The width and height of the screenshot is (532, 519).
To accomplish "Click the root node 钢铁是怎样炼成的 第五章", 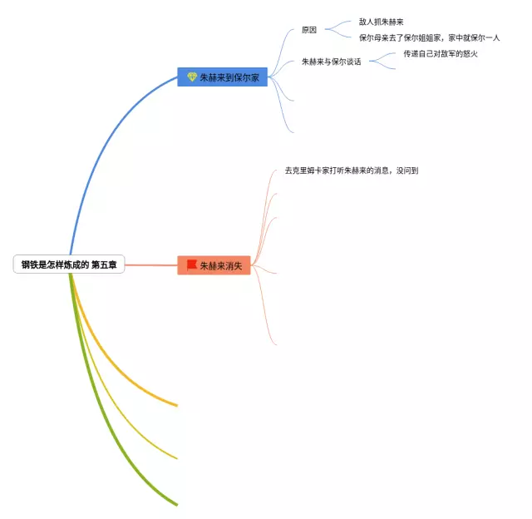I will (69, 265).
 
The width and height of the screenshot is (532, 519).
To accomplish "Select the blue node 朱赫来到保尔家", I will (222, 77).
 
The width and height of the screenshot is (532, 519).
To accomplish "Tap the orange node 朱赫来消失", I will (214, 265).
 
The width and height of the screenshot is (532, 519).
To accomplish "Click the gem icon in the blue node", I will (192, 77).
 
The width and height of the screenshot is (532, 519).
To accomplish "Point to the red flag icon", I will (191, 265).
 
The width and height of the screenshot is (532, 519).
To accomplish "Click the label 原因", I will (309, 30).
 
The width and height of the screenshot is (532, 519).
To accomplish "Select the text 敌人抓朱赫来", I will (382, 22).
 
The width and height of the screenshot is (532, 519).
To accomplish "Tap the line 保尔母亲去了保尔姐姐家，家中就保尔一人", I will (429, 37).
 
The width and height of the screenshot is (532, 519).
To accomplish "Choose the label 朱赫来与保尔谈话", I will (331, 62).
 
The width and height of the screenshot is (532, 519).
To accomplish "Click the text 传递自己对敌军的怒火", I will (441, 54).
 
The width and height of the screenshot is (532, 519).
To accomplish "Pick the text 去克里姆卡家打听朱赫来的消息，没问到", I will (351, 171).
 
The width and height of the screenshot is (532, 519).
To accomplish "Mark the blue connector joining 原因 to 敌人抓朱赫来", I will (338, 25).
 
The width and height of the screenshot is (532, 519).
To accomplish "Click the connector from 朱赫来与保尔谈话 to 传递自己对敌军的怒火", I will (383, 57).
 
